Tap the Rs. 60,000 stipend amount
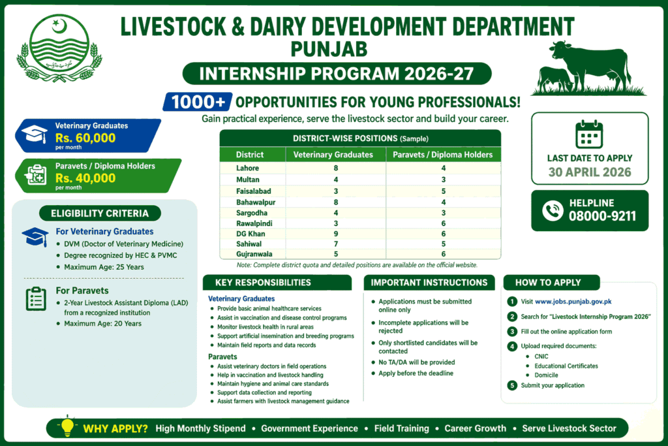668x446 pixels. pyautogui.click(x=85, y=138)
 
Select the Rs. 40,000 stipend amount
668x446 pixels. pyautogui.click(x=85, y=178)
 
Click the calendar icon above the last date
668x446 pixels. pyautogui.click(x=589, y=135)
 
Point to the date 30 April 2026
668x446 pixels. pyautogui.click(x=590, y=172)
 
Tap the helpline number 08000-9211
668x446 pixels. pyautogui.click(x=601, y=216)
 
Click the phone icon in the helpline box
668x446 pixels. pyautogui.click(x=553, y=210)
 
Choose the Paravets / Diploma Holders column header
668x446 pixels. pyautogui.click(x=443, y=155)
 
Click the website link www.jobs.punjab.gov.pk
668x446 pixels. pyautogui.click(x=573, y=302)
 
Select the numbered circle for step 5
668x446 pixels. pyautogui.click(x=512, y=385)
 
